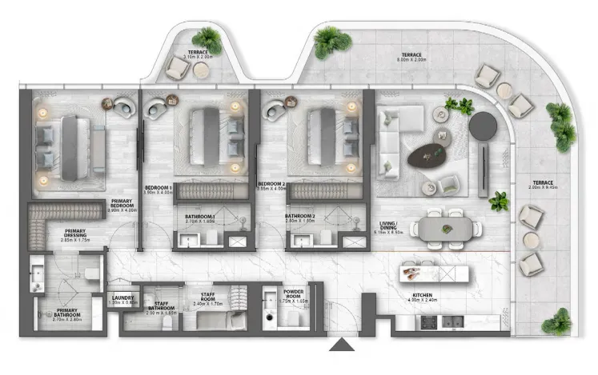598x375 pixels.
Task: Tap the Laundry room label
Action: [124, 301]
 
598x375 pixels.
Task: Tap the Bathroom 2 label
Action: [302, 220]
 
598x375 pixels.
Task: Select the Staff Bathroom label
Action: [163, 308]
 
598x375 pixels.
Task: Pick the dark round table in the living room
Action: [483, 126]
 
